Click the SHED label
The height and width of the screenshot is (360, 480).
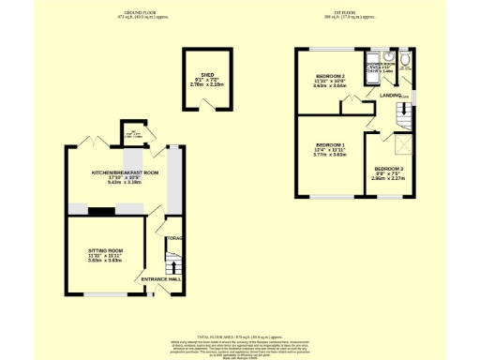coord(207,73)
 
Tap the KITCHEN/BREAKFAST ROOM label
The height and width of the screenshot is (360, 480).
coord(124,172)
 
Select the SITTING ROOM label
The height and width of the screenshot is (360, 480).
coord(106,252)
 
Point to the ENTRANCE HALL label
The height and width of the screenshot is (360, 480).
coord(157,279)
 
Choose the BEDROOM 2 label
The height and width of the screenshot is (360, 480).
coord(331,75)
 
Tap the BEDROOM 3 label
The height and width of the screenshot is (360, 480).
coord(387,168)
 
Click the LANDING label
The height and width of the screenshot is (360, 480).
coord(391,95)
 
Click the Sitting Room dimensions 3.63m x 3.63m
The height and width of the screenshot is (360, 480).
coord(106,262)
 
